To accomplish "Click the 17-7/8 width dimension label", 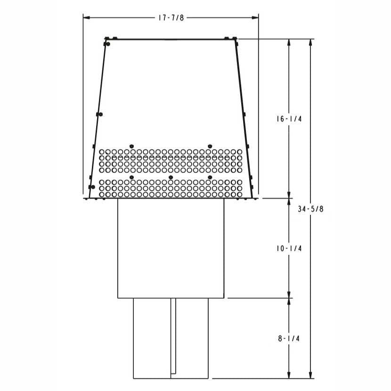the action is pos(171,18).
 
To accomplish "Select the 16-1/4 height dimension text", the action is pos(289,119).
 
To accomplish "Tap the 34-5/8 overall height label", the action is pos(310,209).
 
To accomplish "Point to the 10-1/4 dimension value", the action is pos(289,248).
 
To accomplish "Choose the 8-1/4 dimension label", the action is pos(289,338).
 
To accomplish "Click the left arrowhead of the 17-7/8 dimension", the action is pos(86,18).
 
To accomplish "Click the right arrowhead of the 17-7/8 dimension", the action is pos(255,18).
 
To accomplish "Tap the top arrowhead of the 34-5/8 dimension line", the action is pos(310,42).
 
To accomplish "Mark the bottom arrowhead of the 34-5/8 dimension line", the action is pos(310,375).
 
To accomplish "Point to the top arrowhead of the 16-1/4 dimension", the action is pos(289,42).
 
